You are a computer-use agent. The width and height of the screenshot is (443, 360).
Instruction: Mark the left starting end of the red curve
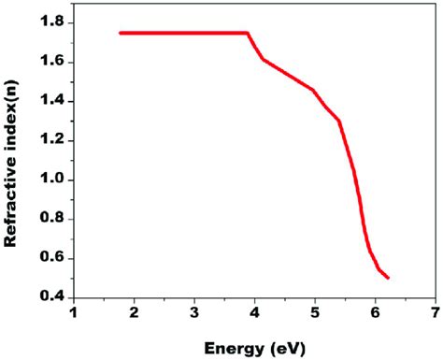(121, 33)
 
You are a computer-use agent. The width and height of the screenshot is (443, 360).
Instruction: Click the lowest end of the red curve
(388, 278)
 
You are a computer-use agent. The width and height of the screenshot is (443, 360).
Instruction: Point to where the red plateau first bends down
(248, 33)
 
